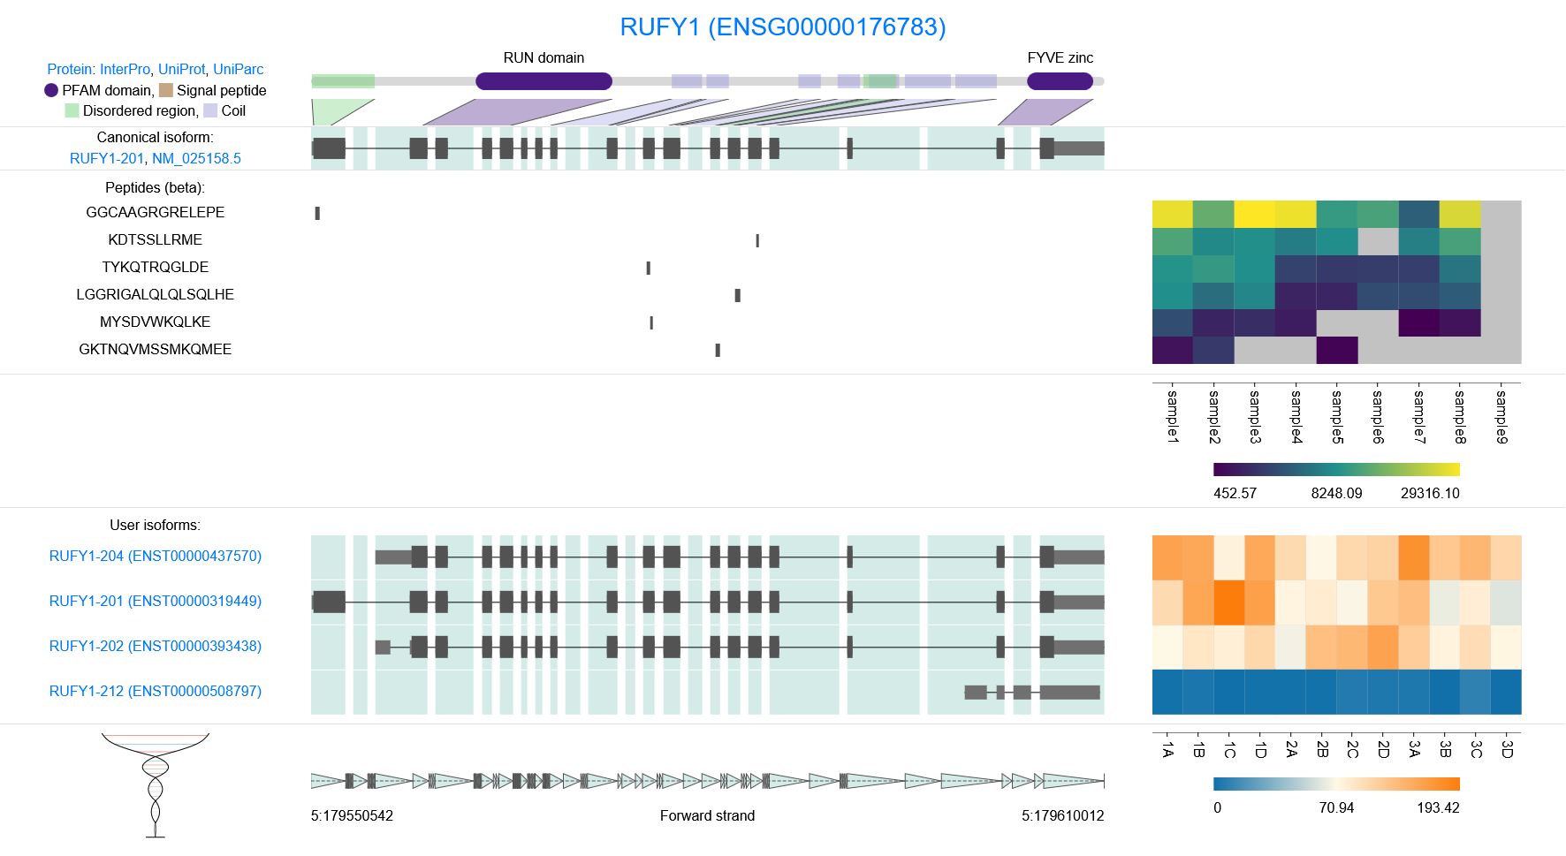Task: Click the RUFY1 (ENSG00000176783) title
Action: coord(782,27)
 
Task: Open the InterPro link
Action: coord(125,69)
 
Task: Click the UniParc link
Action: coord(238,69)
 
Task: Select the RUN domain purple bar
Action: coord(544,81)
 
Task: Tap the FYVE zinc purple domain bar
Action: coord(1060,81)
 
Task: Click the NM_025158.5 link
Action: coord(196,159)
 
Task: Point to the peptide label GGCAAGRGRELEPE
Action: coord(155,213)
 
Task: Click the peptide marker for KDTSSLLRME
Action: coord(757,240)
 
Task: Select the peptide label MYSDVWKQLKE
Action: coord(155,322)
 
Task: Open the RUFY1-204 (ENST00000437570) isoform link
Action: coord(155,557)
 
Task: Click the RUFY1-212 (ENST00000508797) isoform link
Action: coord(155,692)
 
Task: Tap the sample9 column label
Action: coord(1501,416)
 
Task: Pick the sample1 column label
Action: coord(1173,416)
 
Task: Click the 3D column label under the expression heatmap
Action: coord(1507,749)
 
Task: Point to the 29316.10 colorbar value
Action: coord(1429,494)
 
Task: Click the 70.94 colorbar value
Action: coord(1335,808)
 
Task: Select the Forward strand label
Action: coord(707,816)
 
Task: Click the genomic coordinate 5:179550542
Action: coord(352,816)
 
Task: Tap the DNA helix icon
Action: coord(156,784)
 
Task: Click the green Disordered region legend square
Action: coord(72,110)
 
